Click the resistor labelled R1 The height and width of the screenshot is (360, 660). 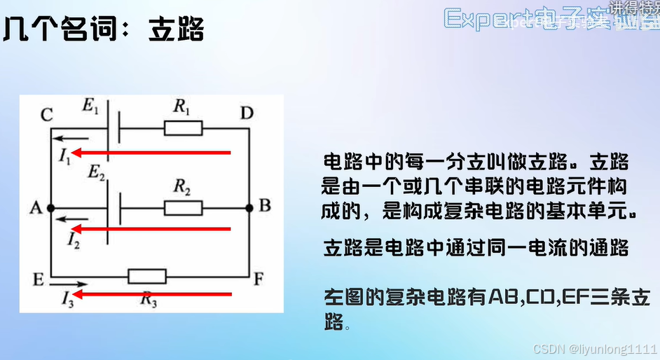click(x=183, y=127)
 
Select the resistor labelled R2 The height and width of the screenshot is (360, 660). click(x=183, y=207)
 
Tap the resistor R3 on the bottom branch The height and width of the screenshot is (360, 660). click(x=146, y=276)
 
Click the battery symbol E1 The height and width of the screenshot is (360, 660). click(x=113, y=127)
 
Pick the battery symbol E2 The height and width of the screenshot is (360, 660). click(x=113, y=207)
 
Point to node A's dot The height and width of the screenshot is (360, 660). click(x=50, y=207)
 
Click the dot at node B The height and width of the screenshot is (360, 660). click(x=249, y=207)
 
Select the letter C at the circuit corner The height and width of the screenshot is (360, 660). click(x=46, y=116)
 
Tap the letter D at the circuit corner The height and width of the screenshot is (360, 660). click(x=247, y=113)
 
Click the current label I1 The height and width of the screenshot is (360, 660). click(x=64, y=159)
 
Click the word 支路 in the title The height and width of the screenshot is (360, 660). click(x=176, y=30)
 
